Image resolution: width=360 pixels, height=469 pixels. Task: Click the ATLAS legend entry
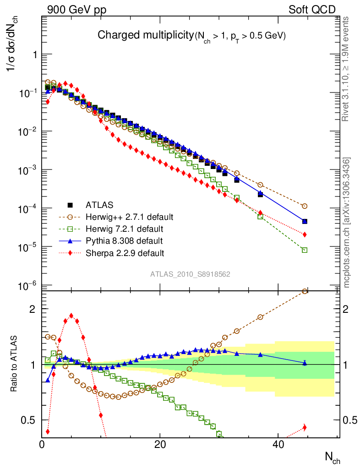click(99, 205)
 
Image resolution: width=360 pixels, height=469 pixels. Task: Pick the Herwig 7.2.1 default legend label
click(125, 229)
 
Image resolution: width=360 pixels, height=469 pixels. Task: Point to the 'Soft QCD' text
click(312, 10)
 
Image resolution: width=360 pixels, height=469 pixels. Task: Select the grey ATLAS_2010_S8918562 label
click(190, 274)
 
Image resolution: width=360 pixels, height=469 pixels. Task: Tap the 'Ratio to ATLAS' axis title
click(14, 364)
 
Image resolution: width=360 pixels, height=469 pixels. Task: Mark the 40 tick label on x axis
click(278, 444)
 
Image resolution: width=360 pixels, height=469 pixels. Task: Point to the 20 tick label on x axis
click(160, 444)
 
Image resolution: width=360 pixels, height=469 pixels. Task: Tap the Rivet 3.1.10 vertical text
click(347, 69)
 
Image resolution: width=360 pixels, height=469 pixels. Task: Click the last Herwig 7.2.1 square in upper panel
click(305, 250)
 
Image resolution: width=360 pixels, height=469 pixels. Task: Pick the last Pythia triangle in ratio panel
click(305, 363)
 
